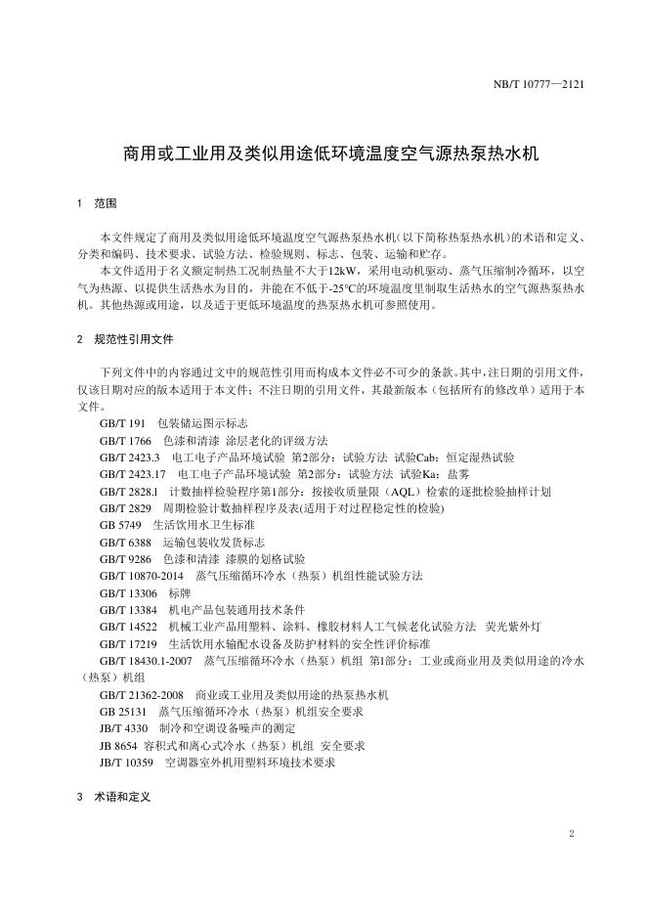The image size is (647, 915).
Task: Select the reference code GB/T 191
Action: pyautogui.click(x=122, y=423)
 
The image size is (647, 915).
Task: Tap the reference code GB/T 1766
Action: pyautogui.click(x=125, y=440)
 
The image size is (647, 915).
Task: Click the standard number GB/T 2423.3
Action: pyautogui.click(x=130, y=457)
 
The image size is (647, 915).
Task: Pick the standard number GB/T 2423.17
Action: pyautogui.click(x=133, y=474)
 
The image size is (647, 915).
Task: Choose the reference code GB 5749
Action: pyautogui.click(x=119, y=525)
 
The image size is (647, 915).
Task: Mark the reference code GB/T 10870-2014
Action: pyautogui.click(x=142, y=576)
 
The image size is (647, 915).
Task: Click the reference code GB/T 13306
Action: pyautogui.click(x=128, y=592)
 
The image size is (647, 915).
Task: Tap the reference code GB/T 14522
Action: pyautogui.click(x=128, y=627)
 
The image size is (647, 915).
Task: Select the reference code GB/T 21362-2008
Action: pyautogui.click(x=142, y=694)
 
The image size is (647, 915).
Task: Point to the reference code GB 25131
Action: pyautogui.click(x=122, y=712)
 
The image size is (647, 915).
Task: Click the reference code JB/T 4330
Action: pyautogui.click(x=124, y=728)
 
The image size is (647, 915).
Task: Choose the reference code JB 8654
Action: pyautogui.click(x=118, y=745)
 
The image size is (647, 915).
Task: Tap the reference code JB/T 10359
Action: pyautogui.click(x=127, y=762)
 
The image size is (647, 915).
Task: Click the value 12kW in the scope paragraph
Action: pyautogui.click(x=342, y=269)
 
